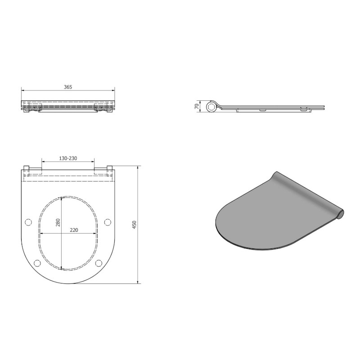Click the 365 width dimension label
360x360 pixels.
click(x=68, y=86)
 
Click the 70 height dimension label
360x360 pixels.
click(x=197, y=106)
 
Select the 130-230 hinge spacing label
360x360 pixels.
click(x=67, y=158)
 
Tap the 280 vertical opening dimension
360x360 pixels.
click(x=58, y=222)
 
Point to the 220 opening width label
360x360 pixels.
click(x=74, y=230)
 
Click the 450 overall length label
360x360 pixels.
click(x=134, y=225)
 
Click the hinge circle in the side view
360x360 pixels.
click(x=211, y=107)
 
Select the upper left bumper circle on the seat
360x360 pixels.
click(x=28, y=222)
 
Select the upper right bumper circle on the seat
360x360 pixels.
click(x=108, y=222)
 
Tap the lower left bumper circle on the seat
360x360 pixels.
click(x=37, y=263)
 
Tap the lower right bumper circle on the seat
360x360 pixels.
click(x=99, y=263)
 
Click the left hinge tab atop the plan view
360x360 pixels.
click(x=26, y=168)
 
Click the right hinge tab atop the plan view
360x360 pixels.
click(x=109, y=168)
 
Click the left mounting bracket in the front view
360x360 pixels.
click(x=35, y=108)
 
